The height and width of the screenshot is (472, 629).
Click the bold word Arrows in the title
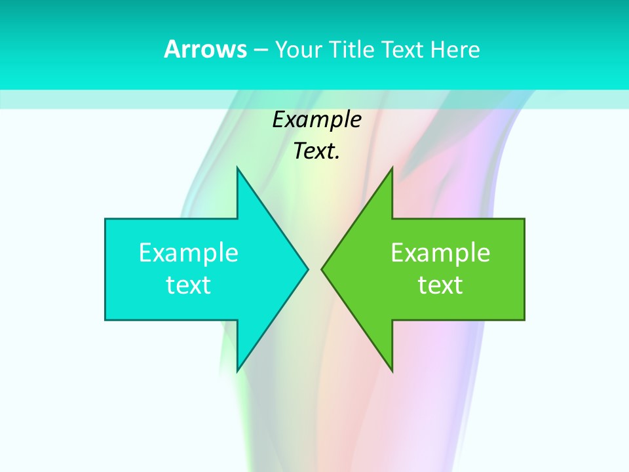(x=206, y=49)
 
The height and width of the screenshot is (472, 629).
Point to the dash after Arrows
(x=260, y=50)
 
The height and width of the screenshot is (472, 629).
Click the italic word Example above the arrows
(x=317, y=120)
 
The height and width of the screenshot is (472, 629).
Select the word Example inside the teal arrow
(x=189, y=253)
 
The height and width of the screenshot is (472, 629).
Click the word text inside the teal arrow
(x=189, y=285)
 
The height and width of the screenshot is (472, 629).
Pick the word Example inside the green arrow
(x=440, y=253)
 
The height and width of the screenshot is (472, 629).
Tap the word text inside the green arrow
(x=440, y=285)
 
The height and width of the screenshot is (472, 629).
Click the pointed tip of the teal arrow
(x=307, y=269)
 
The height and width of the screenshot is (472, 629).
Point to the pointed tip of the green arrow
(x=322, y=269)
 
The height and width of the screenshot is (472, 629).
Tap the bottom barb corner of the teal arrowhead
(x=238, y=370)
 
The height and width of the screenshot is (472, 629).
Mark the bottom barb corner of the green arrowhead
(x=392, y=370)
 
